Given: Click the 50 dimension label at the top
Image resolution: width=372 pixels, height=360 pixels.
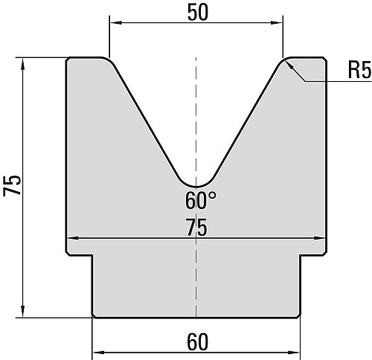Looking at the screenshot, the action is (x=198, y=13).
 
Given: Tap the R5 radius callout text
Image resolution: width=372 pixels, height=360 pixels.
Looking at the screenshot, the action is (x=360, y=70).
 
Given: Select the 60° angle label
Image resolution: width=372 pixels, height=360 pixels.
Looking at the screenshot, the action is (x=201, y=201).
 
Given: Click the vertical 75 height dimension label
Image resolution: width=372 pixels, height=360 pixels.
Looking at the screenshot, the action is (x=12, y=185).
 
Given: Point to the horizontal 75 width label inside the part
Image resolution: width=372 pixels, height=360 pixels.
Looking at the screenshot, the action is (x=196, y=228).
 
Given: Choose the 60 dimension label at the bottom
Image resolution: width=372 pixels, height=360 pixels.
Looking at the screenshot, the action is (x=197, y=342).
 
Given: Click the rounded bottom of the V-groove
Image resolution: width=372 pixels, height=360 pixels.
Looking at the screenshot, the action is (x=196, y=186).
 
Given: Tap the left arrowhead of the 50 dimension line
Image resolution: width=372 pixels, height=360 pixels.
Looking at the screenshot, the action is (x=115, y=23).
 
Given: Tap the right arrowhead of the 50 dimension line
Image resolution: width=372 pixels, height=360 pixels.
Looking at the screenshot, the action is (x=277, y=23).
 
